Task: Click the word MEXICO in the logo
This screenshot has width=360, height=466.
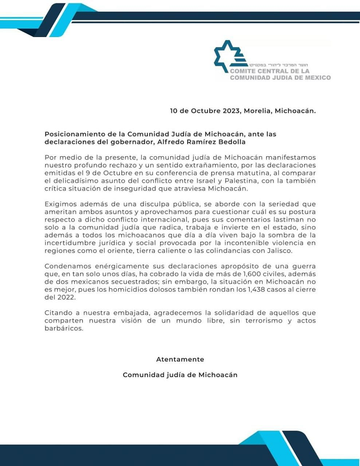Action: pos(313,78)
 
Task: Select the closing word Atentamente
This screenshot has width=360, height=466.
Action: pos(180,359)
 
